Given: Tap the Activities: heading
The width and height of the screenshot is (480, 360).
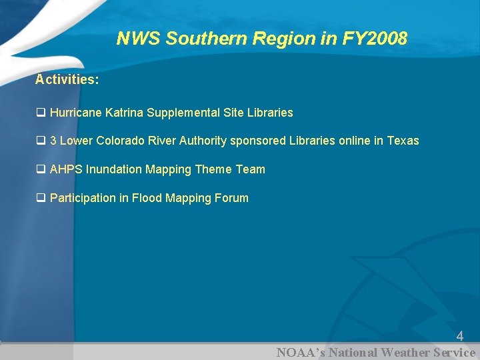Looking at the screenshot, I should point(67,79).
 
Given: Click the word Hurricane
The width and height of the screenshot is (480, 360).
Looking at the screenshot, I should point(76,113).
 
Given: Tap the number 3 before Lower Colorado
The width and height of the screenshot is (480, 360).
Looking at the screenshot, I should point(53,141).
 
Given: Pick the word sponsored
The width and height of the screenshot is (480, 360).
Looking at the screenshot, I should point(257,141).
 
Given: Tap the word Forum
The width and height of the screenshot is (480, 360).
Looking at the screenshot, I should point(231,198).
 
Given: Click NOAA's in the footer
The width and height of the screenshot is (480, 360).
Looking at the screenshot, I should point(301,353).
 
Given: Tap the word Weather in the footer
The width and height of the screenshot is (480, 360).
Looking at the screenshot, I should point(404,353).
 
